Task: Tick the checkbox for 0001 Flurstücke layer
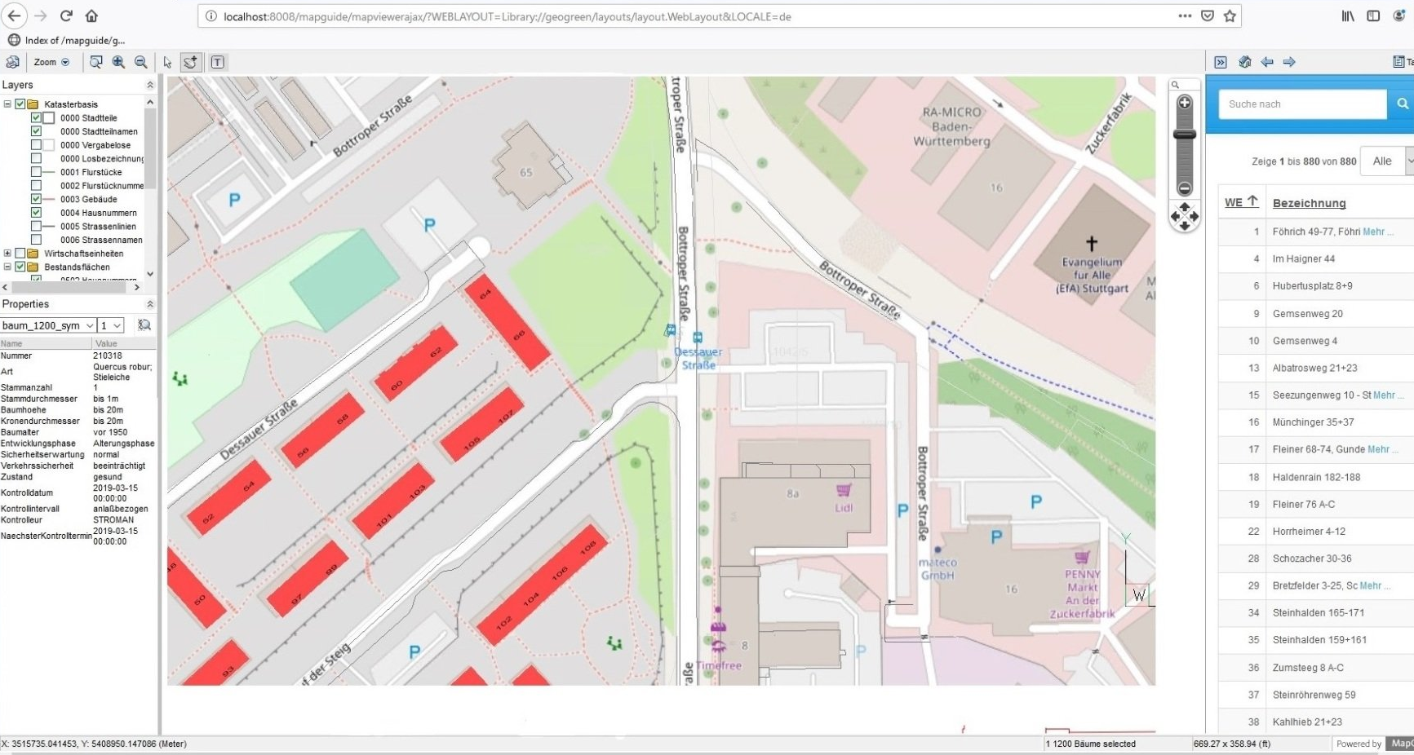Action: pos(36,172)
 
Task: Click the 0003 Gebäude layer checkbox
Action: pos(36,199)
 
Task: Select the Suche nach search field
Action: pos(1301,104)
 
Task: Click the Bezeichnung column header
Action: pos(1309,203)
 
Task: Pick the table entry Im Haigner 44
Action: pos(1303,259)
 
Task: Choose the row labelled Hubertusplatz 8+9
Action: pos(1312,286)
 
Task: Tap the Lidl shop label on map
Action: pos(844,507)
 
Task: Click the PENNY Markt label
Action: pos(1082,581)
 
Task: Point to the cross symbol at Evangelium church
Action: pos(1091,243)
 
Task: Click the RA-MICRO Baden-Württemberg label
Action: pos(951,126)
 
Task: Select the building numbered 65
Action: pos(526,172)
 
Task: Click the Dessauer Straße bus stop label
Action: pos(698,358)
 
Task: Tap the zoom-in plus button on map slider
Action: pos(1184,104)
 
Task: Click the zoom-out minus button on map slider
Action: pos(1184,188)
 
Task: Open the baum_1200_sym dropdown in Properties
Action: pos(49,325)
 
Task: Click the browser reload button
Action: pos(66,15)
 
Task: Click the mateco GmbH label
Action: pos(937,568)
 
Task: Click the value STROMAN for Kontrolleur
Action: pos(113,520)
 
